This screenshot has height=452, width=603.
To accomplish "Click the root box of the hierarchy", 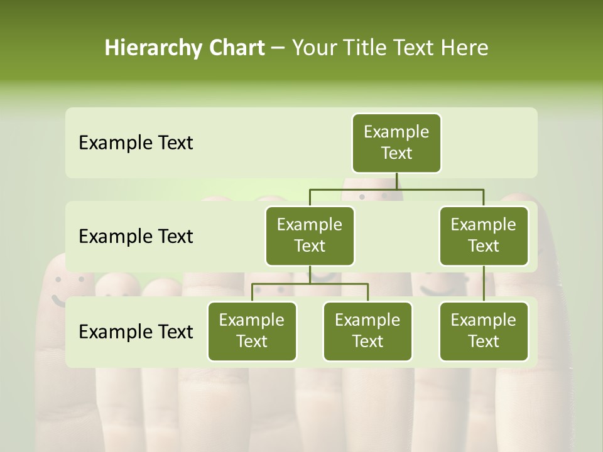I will click(x=396, y=143).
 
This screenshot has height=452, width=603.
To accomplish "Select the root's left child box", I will click(x=310, y=235).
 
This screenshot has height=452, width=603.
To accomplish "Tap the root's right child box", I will click(x=484, y=235).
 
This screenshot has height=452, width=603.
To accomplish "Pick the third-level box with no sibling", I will click(x=484, y=331).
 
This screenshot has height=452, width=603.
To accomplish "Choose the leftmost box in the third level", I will click(x=252, y=331).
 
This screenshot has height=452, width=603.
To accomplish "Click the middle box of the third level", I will click(x=367, y=331).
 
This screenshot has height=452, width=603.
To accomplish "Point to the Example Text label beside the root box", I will click(x=136, y=143).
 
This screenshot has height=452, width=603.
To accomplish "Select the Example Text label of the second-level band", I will click(x=136, y=236).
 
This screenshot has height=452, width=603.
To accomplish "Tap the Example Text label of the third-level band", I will click(x=136, y=331).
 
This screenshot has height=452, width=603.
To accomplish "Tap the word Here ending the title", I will click(x=465, y=48).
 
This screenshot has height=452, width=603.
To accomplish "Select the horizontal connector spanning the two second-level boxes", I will click(x=396, y=189).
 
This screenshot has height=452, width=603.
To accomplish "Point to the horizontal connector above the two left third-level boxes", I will click(x=310, y=284).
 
